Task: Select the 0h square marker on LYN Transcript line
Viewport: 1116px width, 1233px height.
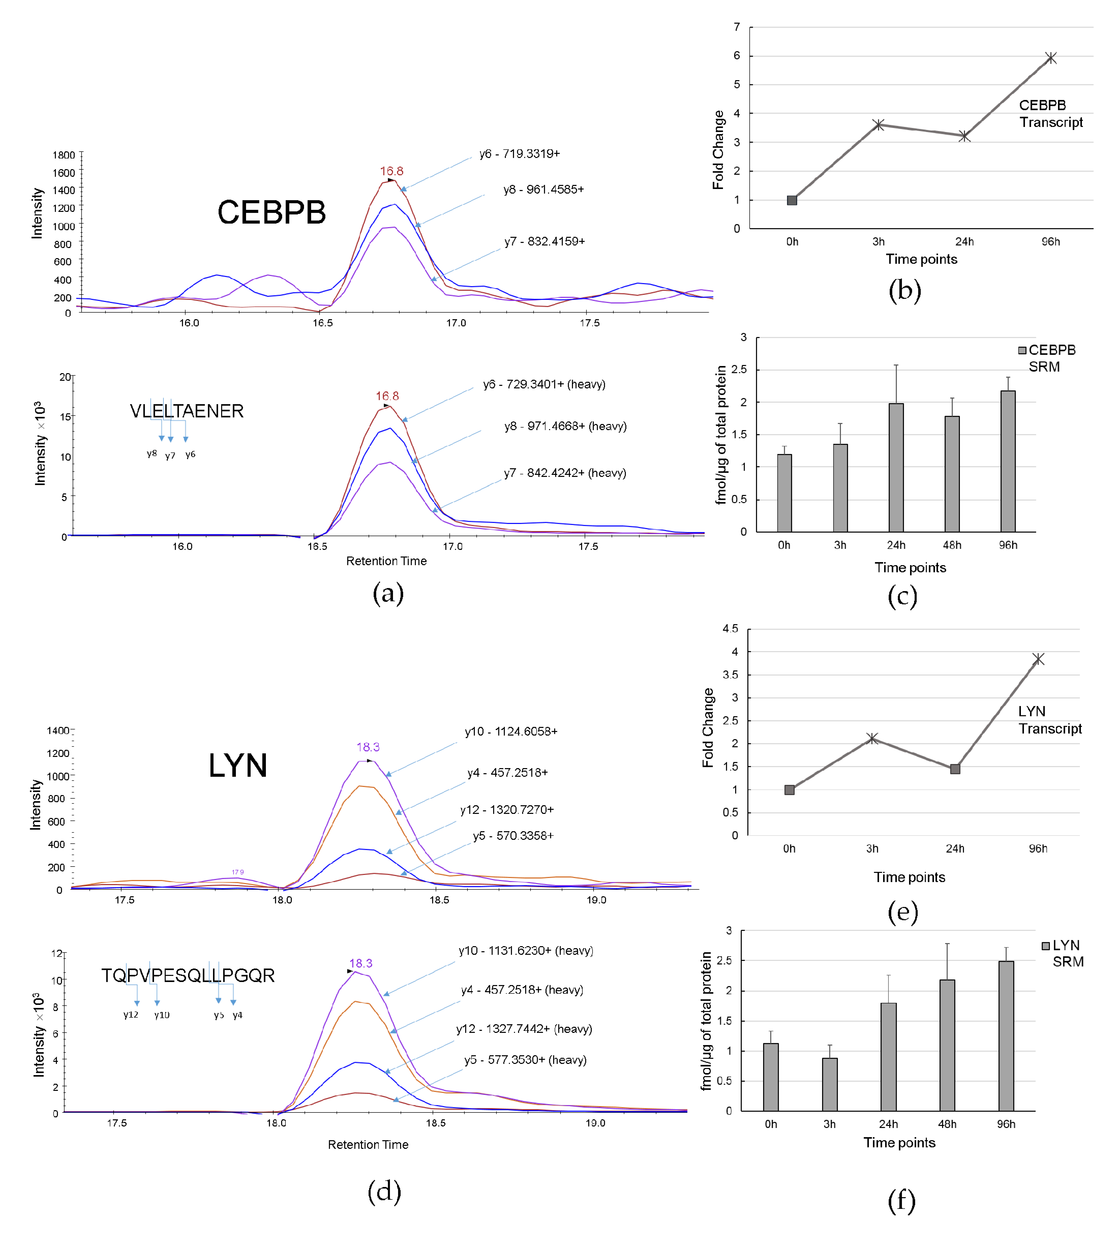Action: (789, 790)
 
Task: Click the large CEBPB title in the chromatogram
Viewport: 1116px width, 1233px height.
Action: (271, 212)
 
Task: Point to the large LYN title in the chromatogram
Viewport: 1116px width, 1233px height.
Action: (238, 765)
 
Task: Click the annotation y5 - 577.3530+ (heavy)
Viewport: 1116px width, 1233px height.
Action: (525, 1060)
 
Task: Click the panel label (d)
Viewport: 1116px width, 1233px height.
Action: (384, 1191)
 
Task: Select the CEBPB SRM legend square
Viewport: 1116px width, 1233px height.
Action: (1022, 350)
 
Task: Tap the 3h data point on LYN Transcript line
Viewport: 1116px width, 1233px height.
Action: (872, 739)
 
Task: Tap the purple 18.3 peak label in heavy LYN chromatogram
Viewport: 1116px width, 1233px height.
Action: (360, 963)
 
